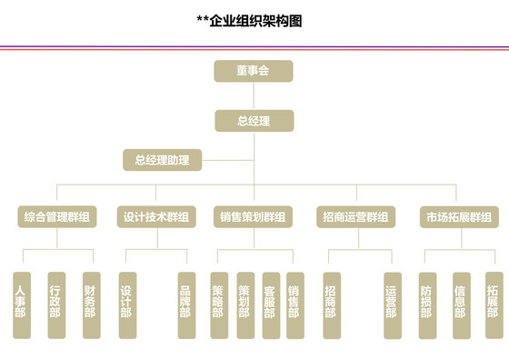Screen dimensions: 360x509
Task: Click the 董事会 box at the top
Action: point(254,71)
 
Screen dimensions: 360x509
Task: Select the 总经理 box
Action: point(254,120)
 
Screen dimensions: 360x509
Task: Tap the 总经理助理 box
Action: point(162,161)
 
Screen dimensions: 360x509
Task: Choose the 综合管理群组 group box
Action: point(56,217)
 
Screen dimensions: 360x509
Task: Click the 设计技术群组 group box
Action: point(156,217)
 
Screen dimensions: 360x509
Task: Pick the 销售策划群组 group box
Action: point(254,217)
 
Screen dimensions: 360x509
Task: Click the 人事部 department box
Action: point(21,305)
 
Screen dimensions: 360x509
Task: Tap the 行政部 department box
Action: point(55,305)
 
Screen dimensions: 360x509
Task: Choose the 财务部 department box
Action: point(90,305)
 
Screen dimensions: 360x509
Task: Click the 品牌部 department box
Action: point(185,305)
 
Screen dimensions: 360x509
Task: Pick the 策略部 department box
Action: point(218,305)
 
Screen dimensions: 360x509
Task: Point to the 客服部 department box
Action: point(269,305)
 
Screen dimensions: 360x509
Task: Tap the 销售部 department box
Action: point(294,305)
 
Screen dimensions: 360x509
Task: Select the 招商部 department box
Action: point(331,305)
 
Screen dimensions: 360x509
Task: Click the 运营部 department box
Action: point(391,305)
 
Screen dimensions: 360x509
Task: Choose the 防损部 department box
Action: point(426,305)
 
